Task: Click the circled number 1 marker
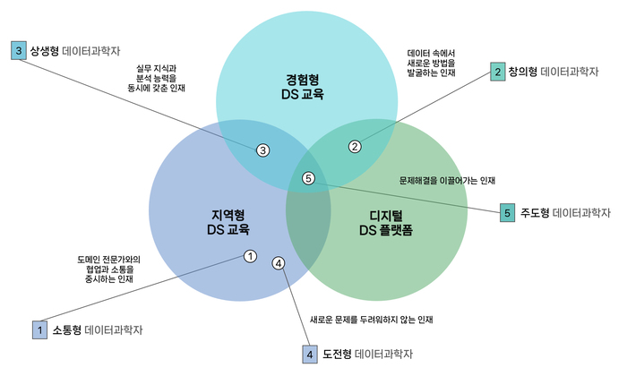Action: (250, 256)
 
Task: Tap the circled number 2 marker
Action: (355, 146)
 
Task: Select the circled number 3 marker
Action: (262, 150)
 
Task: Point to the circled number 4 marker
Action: (279, 263)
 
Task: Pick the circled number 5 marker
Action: (310, 178)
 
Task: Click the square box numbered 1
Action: (39, 329)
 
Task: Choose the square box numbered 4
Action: (310, 355)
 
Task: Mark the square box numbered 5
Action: (507, 213)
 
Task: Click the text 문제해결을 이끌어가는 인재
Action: (447, 180)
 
